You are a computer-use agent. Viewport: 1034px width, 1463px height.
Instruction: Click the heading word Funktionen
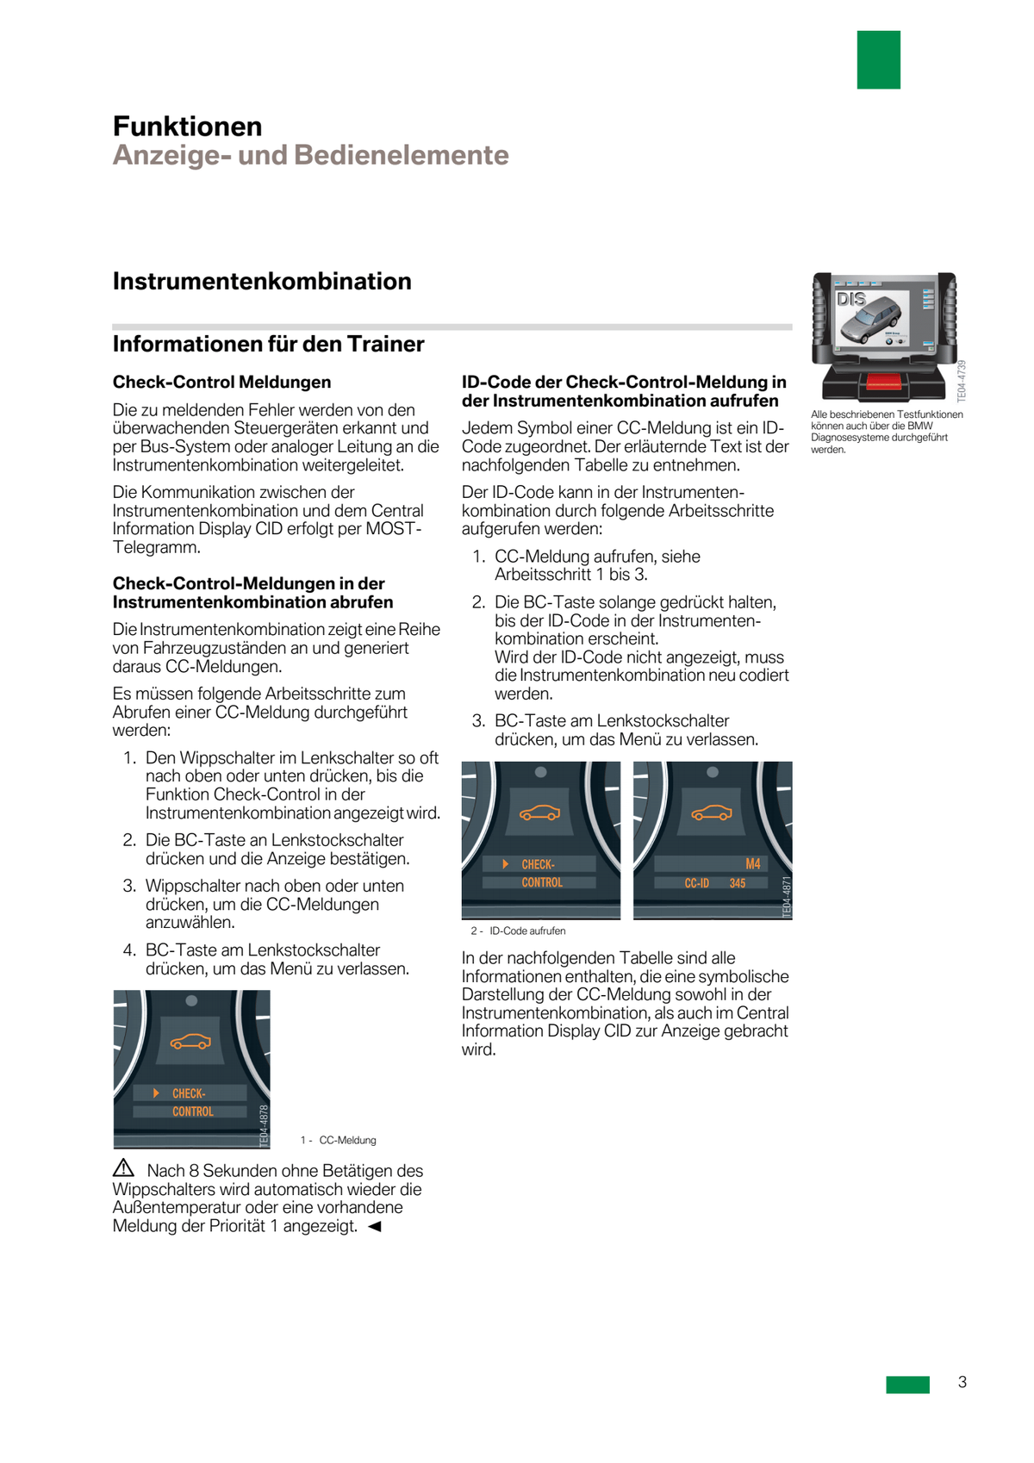pyautogui.click(x=187, y=127)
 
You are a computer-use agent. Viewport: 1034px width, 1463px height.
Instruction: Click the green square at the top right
pyautogui.click(x=878, y=59)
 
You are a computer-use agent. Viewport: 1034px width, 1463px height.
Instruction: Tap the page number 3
pyautogui.click(x=962, y=1382)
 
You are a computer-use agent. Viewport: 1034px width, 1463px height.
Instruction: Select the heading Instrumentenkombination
pyautogui.click(x=262, y=282)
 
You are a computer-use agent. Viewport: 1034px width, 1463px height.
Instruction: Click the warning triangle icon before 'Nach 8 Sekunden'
pyautogui.click(x=124, y=1168)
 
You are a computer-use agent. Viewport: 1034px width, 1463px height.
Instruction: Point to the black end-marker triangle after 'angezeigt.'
pyautogui.click(x=374, y=1226)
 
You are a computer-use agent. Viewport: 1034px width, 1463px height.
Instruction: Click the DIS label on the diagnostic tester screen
pyautogui.click(x=851, y=299)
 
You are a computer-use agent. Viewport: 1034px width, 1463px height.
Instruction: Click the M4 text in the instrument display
pyautogui.click(x=752, y=863)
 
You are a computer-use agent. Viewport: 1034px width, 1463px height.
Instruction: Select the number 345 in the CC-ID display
pyautogui.click(x=738, y=883)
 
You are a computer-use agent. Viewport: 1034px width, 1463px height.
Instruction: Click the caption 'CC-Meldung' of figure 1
pyautogui.click(x=347, y=1140)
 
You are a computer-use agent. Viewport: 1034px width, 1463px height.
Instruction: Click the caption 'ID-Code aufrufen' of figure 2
pyautogui.click(x=527, y=931)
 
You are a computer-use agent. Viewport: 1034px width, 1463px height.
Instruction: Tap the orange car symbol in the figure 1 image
pyautogui.click(x=190, y=1042)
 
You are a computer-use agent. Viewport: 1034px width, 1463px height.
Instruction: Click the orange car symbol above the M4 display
pyautogui.click(x=712, y=812)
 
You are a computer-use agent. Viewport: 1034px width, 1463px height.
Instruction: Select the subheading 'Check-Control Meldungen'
pyautogui.click(x=221, y=382)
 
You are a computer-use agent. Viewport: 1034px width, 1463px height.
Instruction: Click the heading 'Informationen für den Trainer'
pyautogui.click(x=268, y=344)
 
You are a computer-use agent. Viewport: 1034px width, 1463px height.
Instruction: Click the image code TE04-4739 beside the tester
pyautogui.click(x=962, y=381)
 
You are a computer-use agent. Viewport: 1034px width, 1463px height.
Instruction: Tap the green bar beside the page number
pyautogui.click(x=907, y=1384)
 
